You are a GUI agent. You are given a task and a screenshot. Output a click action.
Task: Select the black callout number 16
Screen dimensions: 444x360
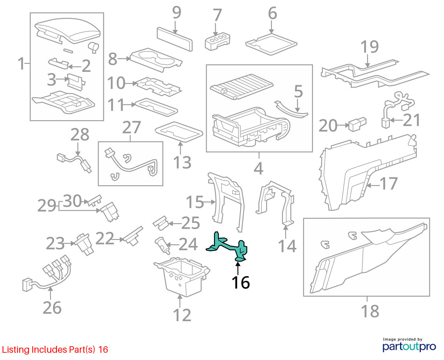coord(241,282)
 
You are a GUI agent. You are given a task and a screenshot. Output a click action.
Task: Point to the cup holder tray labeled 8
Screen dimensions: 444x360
coord(156,60)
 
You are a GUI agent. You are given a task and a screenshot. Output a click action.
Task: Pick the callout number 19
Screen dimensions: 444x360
coord(369,46)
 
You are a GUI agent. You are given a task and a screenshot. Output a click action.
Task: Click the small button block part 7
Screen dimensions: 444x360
coord(217,42)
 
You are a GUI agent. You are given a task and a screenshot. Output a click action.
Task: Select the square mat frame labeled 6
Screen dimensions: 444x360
coord(271,44)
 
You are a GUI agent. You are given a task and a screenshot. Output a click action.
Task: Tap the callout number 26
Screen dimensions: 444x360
coord(52,307)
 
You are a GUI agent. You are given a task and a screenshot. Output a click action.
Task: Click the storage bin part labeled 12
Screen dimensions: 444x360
coord(182,277)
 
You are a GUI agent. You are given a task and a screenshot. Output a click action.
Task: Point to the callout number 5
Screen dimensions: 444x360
coord(298,91)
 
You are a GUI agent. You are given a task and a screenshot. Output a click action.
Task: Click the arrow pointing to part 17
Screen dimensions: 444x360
coord(373,185)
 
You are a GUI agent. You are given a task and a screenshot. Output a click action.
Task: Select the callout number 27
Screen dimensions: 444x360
coord(131,127)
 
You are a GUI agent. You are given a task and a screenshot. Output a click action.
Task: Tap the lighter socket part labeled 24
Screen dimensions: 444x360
coord(162,246)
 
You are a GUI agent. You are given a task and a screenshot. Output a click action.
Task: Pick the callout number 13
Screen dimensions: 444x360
coord(182,162)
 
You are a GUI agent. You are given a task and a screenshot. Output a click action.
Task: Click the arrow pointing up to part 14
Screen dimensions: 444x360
coord(285,232)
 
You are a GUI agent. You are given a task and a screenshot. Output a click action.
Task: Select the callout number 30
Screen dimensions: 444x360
coord(72,201)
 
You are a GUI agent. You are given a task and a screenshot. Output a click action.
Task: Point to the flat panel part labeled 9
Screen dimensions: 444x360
coord(174,39)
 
